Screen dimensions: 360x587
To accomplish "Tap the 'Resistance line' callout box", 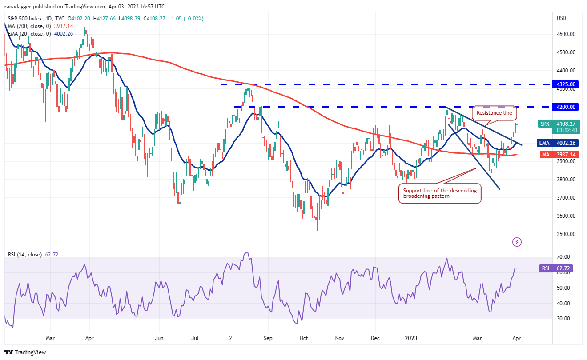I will pos(495,113).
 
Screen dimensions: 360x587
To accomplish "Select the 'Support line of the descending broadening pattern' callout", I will pos(440,193).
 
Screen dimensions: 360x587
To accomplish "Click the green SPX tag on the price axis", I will pos(545,124).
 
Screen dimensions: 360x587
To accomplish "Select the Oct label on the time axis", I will pos(303,338).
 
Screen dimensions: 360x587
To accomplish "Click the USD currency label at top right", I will pos(561,18).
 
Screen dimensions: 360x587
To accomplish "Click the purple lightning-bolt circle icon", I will pos(517,242).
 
